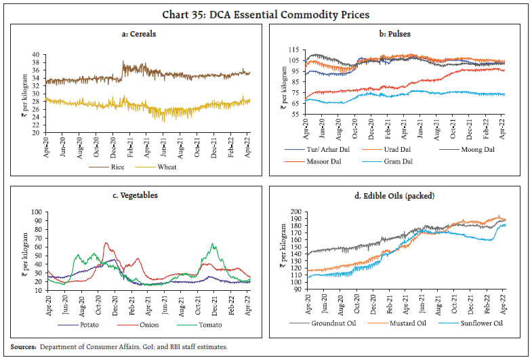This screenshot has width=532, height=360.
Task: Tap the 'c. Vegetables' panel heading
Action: (x=134, y=195)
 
